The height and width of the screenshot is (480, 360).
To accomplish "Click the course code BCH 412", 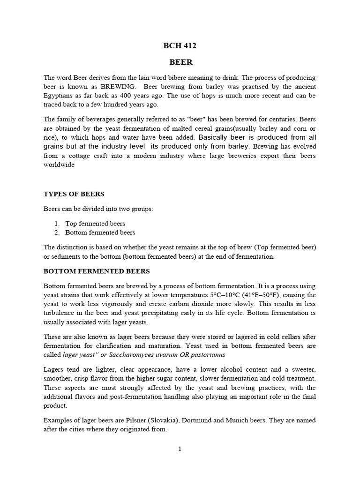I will point(180,46).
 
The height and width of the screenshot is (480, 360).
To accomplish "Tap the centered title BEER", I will point(180,62).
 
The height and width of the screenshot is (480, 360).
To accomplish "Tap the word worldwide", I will point(59,165).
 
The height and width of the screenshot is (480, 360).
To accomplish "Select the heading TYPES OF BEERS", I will point(74,194).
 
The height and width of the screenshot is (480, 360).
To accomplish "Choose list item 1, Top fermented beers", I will point(95,224).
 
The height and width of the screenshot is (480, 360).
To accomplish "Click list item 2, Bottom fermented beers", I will point(100,232).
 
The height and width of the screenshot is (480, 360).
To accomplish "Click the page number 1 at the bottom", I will point(180,449).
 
